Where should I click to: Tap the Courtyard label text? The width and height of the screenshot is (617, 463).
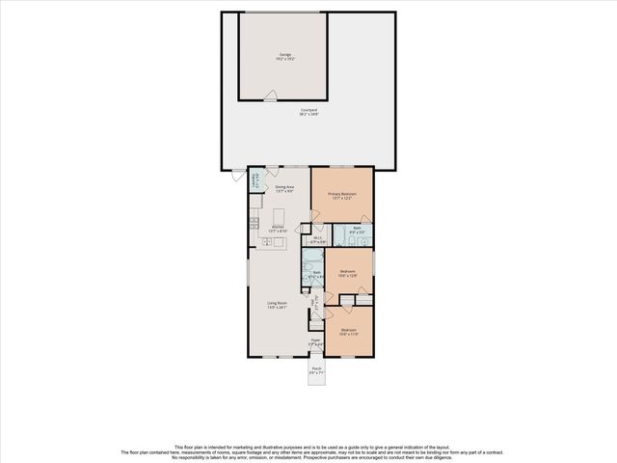[x=308, y=113]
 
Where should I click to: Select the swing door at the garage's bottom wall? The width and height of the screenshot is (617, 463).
[x=273, y=95]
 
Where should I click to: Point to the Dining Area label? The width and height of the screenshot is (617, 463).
[x=284, y=188]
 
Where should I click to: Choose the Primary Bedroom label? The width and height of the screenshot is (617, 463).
[x=341, y=196]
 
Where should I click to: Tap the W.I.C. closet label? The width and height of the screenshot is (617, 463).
[x=318, y=240]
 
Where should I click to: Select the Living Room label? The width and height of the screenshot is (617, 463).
[x=278, y=306]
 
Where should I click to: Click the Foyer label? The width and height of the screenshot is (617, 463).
[x=314, y=341]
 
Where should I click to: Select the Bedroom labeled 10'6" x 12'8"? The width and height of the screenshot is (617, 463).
[x=348, y=273]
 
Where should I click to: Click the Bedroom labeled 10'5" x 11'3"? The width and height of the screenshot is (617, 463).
[x=348, y=332]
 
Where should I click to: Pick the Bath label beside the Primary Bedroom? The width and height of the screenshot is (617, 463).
[x=355, y=231]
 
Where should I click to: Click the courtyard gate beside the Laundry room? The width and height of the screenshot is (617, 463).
[x=237, y=172]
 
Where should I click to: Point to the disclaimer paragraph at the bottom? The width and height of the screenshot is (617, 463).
[x=308, y=451]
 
